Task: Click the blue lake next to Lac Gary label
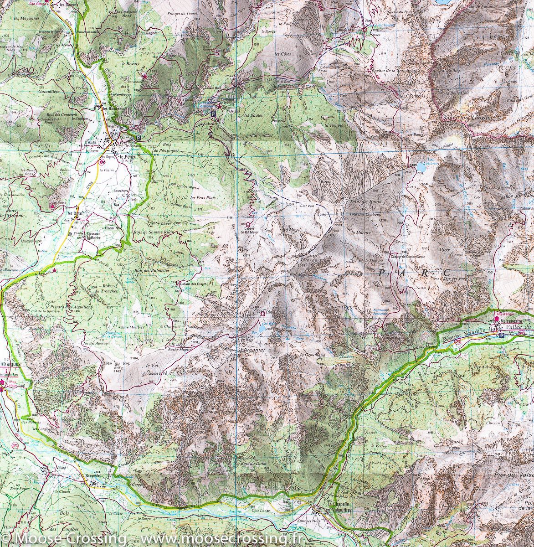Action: (x=261, y=327)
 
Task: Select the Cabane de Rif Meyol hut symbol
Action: (x=247, y=224)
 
